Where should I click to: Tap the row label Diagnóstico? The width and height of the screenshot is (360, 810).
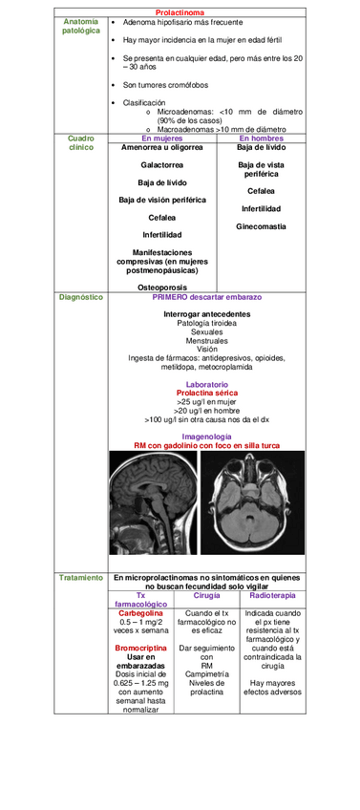pos(80,297)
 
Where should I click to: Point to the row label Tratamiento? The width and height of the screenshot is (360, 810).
pos(80,579)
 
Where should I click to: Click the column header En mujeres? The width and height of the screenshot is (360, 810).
pos(161,139)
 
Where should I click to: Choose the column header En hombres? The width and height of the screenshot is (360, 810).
pos(261,139)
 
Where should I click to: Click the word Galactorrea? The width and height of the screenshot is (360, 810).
pos(161,165)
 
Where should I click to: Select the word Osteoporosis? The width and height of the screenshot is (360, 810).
pos(161,287)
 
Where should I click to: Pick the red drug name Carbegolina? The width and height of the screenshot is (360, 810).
pos(140,613)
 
